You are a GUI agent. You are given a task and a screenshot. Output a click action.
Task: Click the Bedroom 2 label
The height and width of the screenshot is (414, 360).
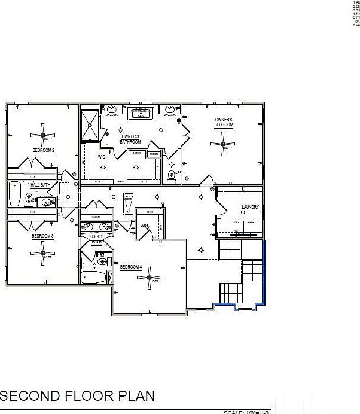(44, 150)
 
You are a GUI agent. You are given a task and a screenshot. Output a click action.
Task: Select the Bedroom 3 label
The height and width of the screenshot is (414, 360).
(43, 236)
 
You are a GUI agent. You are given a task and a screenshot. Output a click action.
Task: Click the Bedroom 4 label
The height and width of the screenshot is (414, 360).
(130, 267)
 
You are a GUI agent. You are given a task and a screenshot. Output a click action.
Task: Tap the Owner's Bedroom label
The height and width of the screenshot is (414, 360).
(224, 122)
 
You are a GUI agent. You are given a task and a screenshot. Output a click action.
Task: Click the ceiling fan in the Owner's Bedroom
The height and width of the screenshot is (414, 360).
(223, 144)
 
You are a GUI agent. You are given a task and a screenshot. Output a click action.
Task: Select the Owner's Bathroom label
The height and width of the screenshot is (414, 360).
(130, 139)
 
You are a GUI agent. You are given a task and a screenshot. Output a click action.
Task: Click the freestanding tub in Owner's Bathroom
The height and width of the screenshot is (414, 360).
(141, 113)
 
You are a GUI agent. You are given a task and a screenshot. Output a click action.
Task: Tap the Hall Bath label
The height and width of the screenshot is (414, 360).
(40, 185)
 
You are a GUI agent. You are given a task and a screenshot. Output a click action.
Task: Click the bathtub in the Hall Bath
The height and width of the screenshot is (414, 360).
(15, 193)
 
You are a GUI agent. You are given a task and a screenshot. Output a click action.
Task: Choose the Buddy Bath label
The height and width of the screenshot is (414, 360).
(96, 239)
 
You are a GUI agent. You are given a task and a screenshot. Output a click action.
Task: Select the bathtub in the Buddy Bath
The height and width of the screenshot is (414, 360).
(94, 278)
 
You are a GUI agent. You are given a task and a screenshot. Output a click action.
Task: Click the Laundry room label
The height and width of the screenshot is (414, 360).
(250, 208)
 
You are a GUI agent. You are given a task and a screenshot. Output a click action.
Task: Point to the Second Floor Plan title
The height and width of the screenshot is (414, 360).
(78, 395)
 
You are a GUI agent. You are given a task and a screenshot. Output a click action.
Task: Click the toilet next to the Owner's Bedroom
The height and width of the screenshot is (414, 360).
(172, 175)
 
